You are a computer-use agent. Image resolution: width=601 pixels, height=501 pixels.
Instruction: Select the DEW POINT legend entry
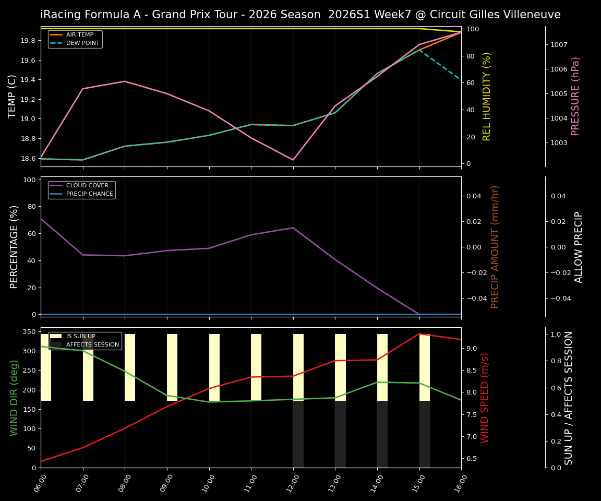coord(82,43)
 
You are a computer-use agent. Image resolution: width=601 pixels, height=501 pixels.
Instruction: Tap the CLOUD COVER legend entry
coord(87,186)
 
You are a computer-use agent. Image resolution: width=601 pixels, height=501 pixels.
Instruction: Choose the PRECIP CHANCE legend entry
coord(89,194)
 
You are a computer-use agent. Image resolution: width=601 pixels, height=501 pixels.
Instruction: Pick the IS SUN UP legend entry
coord(80,337)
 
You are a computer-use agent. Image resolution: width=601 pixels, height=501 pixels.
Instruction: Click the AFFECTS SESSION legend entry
coord(92,345)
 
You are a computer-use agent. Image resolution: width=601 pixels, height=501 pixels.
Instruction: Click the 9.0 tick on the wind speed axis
coord(471,349)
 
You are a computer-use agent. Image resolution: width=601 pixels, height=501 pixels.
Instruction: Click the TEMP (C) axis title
coord(13,96)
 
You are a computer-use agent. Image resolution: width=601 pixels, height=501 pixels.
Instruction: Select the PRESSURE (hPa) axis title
coord(575,96)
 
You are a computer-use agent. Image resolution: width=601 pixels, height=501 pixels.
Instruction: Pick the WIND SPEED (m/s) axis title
coord(485,398)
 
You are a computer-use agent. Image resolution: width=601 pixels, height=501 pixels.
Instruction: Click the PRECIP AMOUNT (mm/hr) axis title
coord(495,246)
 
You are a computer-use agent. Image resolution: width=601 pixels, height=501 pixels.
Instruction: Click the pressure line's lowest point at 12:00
coord(293,160)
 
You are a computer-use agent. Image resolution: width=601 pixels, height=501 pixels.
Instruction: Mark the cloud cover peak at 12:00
coord(293,228)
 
